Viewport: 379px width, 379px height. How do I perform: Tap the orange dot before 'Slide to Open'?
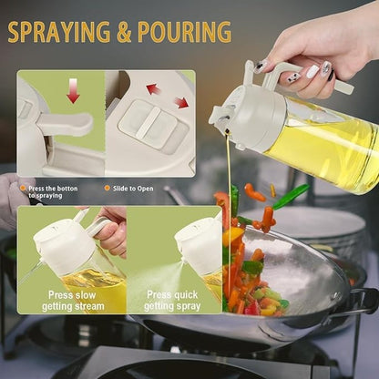(107, 188)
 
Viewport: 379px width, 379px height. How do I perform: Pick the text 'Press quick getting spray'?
(173, 301)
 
